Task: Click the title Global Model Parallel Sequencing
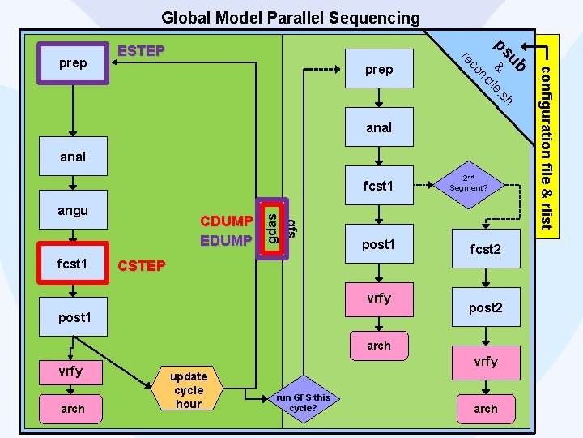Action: tap(291, 17)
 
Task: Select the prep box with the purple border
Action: tap(74, 63)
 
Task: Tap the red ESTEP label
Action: tap(142, 52)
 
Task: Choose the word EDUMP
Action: tap(227, 240)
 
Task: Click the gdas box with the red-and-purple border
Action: tap(273, 228)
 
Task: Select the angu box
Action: tap(73, 211)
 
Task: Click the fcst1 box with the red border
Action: tap(73, 264)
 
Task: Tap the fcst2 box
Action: tap(486, 250)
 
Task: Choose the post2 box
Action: tap(486, 308)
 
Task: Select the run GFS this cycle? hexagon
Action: tap(303, 402)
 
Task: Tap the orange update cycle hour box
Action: tap(189, 389)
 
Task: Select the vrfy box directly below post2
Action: tap(486, 362)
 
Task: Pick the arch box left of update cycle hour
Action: tap(73, 409)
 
